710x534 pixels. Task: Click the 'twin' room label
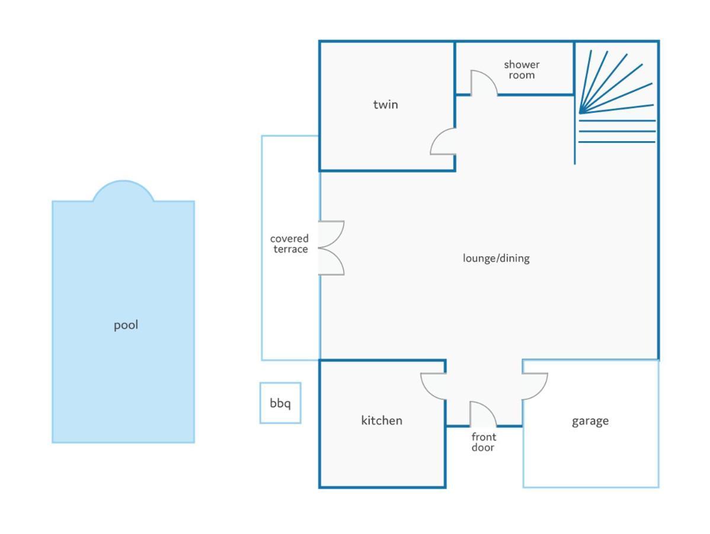point(385,104)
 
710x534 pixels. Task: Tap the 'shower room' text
point(522,70)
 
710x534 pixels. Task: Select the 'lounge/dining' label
point(496,258)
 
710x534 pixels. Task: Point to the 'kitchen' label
point(382,421)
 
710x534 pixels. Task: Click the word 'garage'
point(590,422)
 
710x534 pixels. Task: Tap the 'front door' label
point(483,442)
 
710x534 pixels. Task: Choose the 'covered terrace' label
point(290,244)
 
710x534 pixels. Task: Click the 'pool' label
point(126,326)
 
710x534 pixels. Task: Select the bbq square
point(280,403)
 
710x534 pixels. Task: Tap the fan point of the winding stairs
point(580,112)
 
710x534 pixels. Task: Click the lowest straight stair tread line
point(617,142)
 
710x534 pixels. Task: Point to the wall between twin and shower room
point(455,68)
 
